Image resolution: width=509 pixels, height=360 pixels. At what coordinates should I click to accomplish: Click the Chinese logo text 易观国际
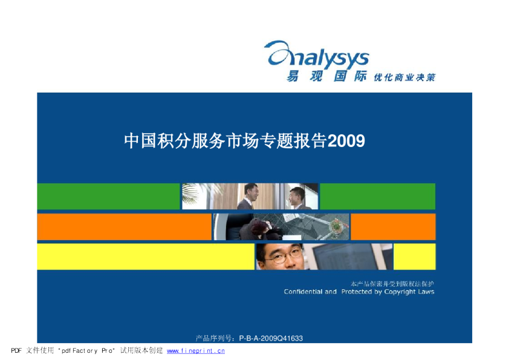[326, 77]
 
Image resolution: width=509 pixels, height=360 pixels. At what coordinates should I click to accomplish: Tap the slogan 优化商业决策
[404, 77]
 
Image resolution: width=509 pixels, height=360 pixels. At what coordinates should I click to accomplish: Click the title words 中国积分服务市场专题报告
[225, 141]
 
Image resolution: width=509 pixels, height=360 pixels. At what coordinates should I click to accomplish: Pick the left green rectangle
[108, 196]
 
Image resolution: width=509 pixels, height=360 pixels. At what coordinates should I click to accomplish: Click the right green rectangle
[377, 196]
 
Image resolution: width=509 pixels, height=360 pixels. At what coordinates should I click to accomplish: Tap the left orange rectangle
[124, 227]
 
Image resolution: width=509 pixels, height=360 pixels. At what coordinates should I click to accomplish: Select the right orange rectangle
[393, 227]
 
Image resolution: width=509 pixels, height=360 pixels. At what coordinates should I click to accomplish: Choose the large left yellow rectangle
[145, 257]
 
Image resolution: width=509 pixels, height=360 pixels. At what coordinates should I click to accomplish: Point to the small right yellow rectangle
[415, 257]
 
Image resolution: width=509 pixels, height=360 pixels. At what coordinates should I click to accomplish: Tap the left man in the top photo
[249, 197]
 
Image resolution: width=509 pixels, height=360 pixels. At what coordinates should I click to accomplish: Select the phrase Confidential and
[310, 292]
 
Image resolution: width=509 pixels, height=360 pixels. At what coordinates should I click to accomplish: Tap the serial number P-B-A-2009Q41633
[271, 338]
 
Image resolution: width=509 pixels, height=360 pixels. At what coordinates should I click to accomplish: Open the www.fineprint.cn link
[195, 350]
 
